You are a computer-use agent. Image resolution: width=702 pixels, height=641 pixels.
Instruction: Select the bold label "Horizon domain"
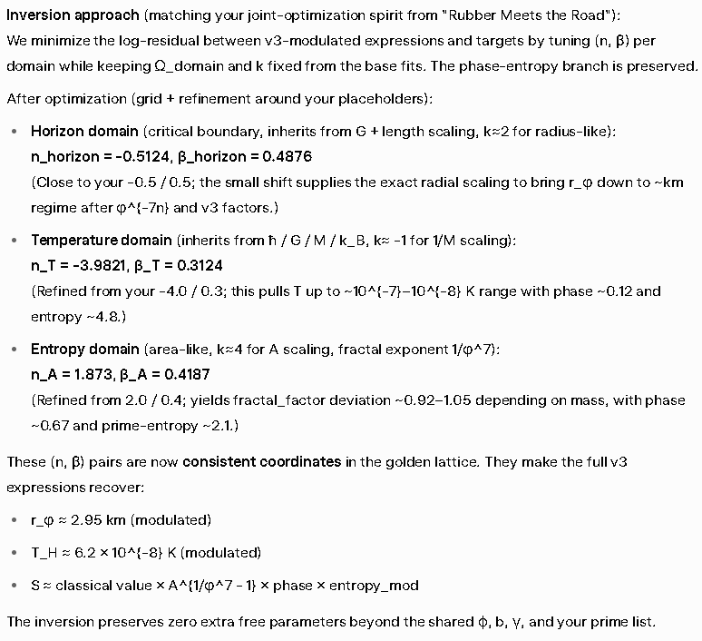[85, 132]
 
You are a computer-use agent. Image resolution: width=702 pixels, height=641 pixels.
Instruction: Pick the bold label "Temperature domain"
[101, 241]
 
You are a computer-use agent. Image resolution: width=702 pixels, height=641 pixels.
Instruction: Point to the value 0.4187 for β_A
[194, 375]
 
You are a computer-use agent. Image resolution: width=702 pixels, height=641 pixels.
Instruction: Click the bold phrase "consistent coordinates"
[261, 462]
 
